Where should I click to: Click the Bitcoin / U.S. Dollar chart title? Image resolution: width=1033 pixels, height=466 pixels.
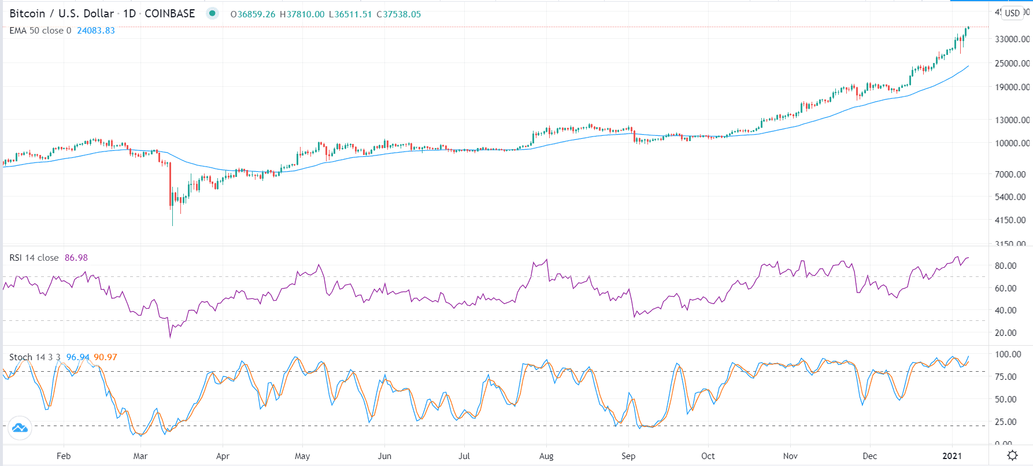click(61, 13)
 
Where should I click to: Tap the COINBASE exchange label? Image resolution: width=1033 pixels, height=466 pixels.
click(169, 13)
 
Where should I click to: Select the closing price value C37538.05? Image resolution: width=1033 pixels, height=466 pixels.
click(399, 14)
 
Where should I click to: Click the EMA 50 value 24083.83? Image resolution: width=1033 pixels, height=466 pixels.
click(96, 31)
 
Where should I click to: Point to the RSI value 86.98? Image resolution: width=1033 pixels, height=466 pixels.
click(76, 258)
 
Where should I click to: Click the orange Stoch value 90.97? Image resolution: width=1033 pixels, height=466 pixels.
click(105, 357)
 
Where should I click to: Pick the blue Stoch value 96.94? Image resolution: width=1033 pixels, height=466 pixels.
click(77, 357)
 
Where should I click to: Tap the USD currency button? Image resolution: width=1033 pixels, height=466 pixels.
click(1012, 13)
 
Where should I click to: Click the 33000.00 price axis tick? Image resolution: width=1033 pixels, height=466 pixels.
click(1012, 39)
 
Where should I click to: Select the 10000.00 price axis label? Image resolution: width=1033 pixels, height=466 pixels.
click(1012, 143)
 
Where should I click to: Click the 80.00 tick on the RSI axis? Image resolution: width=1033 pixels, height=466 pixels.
click(1005, 266)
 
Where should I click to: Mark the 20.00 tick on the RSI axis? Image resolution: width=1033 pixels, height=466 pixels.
click(1005, 333)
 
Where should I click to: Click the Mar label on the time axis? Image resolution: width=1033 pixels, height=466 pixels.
click(140, 456)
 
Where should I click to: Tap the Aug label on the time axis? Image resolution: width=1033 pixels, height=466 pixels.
click(546, 456)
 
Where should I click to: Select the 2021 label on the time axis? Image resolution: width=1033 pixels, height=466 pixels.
click(952, 456)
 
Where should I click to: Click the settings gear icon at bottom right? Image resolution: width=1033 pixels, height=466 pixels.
click(1012, 456)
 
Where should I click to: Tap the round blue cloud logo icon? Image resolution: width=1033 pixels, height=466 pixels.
click(20, 428)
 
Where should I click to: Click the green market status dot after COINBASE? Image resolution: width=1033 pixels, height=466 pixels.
click(212, 13)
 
